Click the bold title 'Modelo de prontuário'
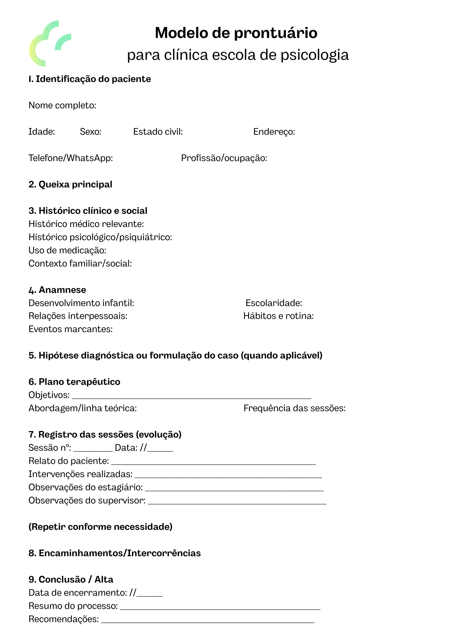(x=236, y=33)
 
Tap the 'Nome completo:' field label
(x=62, y=105)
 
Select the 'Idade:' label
(x=42, y=132)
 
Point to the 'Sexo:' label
(x=91, y=132)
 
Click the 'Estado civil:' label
(x=158, y=132)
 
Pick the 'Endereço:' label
(x=274, y=132)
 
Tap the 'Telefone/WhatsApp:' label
(x=71, y=158)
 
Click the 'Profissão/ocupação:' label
(x=224, y=158)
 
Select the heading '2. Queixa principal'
(x=70, y=185)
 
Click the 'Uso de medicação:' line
(x=67, y=250)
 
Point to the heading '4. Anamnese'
(x=57, y=290)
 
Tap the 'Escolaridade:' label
(x=274, y=303)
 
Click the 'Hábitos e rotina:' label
(x=278, y=316)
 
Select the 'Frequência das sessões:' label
(x=294, y=408)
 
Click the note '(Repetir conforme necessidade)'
(x=100, y=527)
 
